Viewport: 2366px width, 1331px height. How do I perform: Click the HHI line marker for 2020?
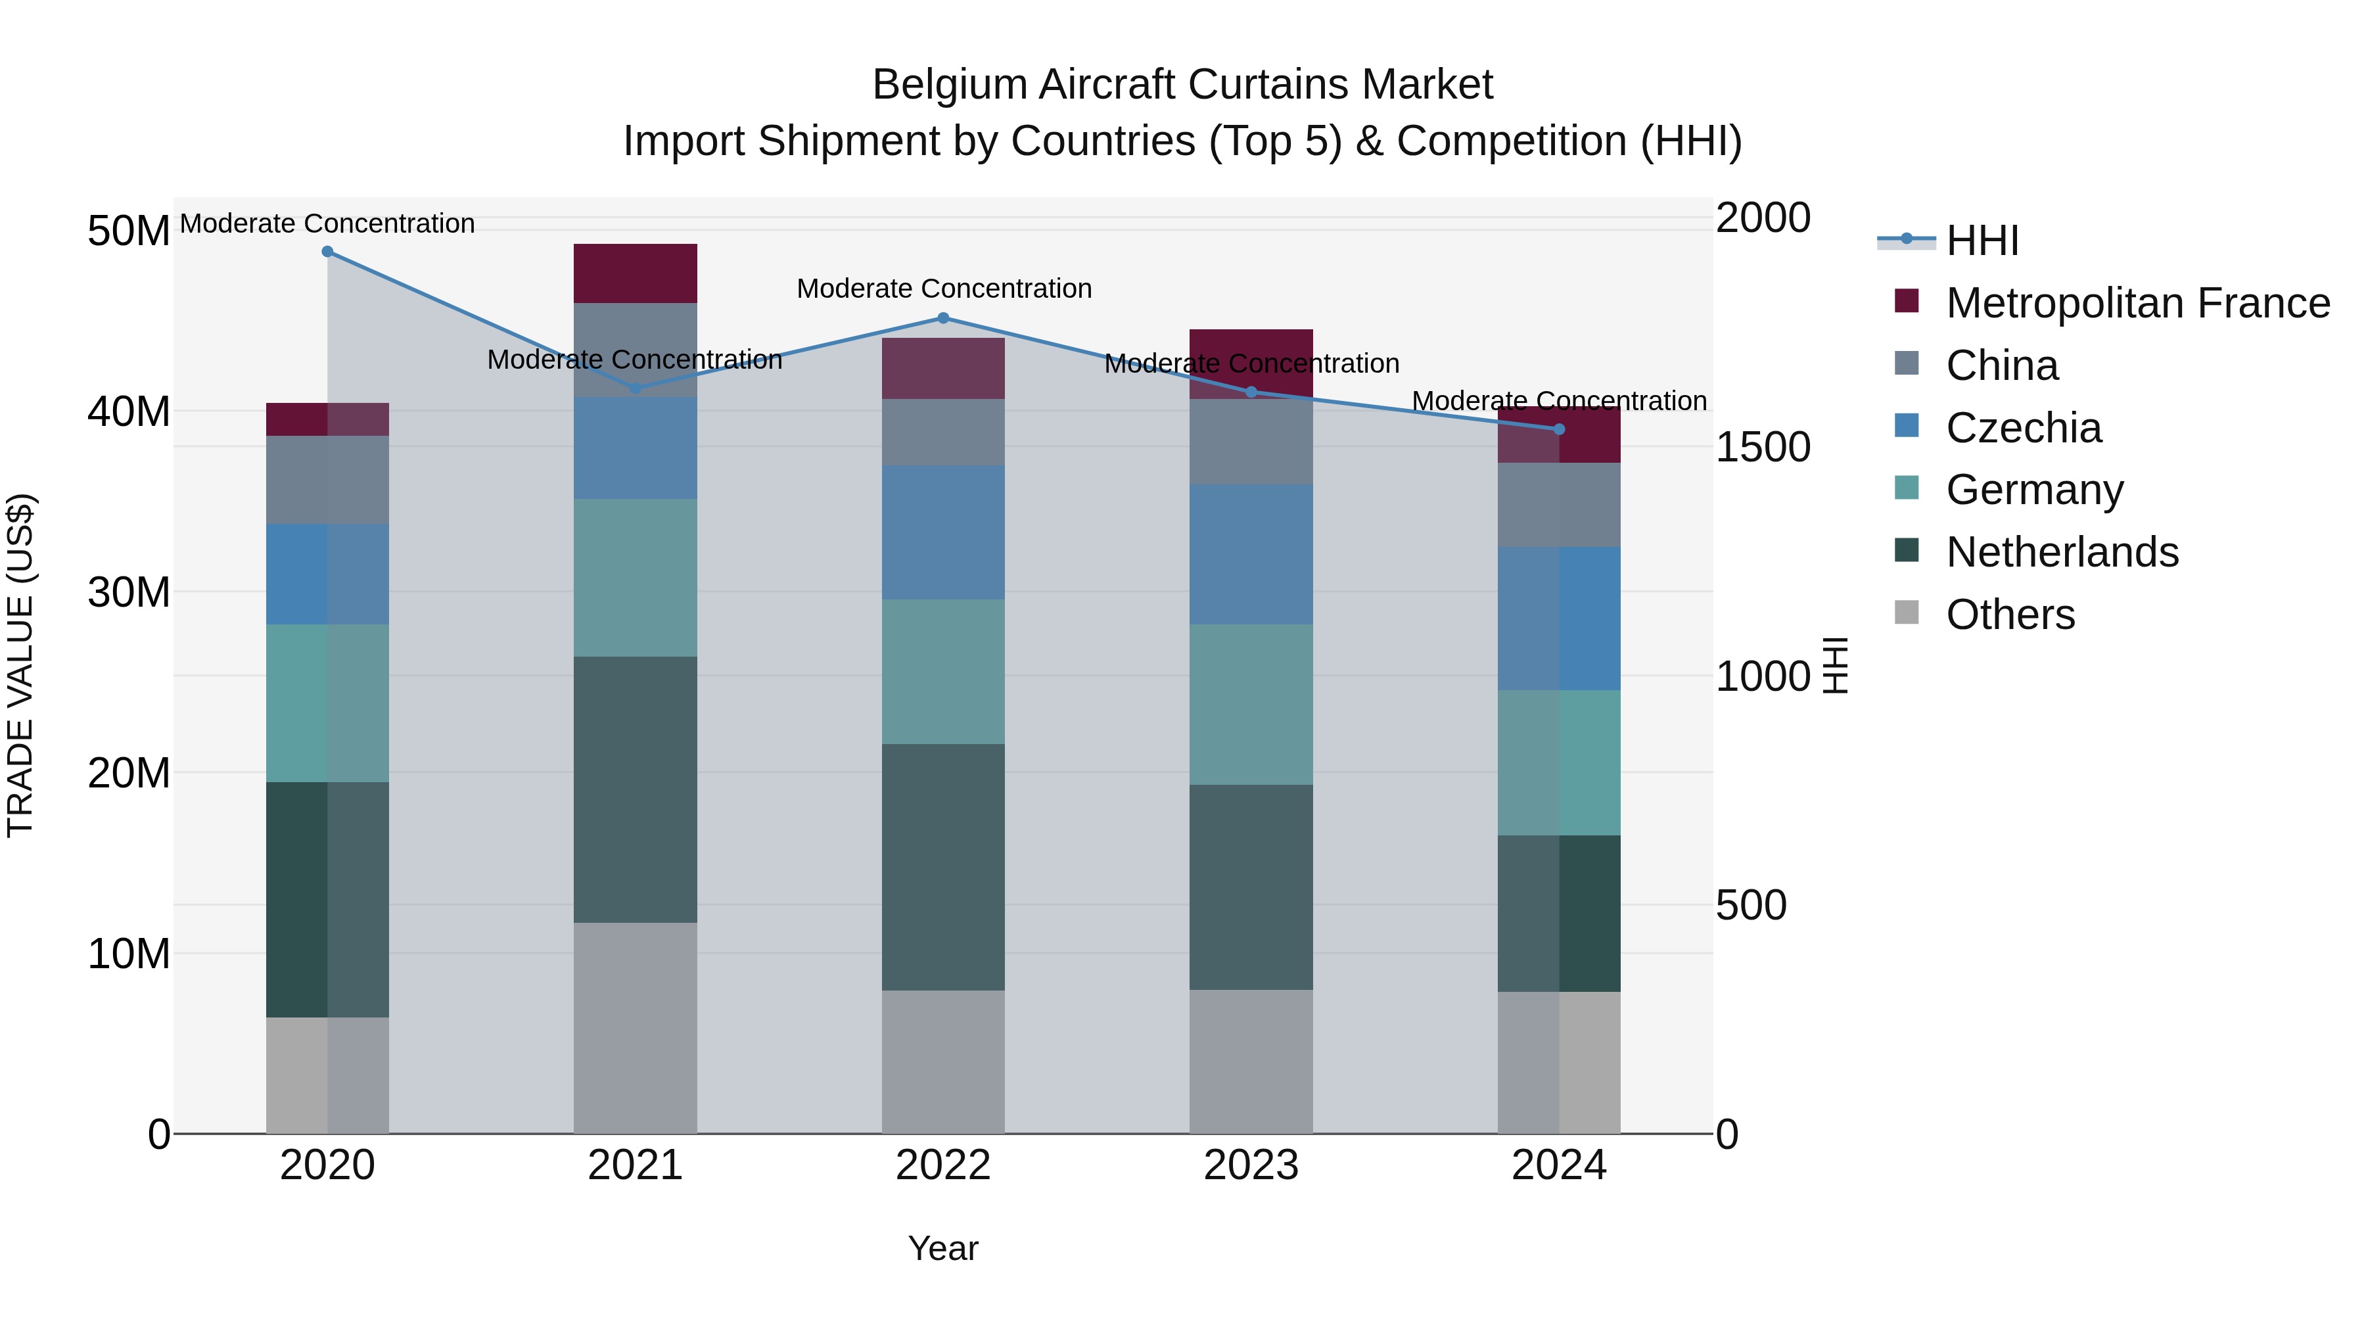327,252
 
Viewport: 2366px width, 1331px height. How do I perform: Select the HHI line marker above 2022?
943,319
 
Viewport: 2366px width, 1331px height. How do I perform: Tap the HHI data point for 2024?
1559,429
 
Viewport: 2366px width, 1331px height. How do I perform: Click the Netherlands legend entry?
2061,552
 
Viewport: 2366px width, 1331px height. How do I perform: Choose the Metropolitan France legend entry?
2137,303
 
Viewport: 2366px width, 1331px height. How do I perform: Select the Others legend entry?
2010,615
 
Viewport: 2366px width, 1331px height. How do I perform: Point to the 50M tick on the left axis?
129,231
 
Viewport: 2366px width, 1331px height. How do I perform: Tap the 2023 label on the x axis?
1251,1165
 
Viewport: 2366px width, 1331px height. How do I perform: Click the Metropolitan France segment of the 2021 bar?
636,273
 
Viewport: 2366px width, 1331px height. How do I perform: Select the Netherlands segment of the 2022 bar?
943,866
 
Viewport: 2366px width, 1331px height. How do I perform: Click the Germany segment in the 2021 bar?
636,577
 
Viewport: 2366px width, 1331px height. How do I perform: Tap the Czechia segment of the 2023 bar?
1251,554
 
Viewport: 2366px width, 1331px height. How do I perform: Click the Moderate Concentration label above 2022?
943,289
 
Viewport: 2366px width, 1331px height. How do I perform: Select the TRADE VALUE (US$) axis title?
20,665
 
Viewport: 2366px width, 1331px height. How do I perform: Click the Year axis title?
943,1248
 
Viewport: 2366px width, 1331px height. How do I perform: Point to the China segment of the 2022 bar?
943,432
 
